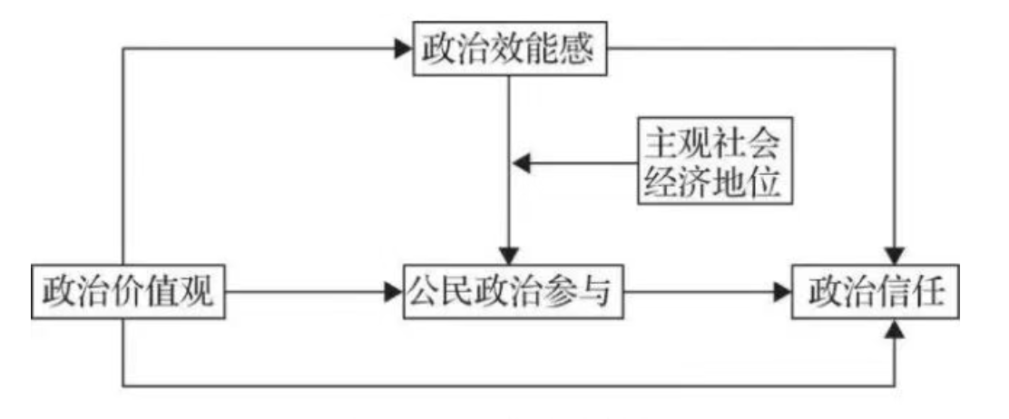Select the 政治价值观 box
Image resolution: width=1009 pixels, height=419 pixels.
pyautogui.click(x=129, y=292)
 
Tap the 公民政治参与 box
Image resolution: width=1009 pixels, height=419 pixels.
pyautogui.click(x=514, y=292)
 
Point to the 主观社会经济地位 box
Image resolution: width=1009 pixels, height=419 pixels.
pyautogui.click(x=710, y=164)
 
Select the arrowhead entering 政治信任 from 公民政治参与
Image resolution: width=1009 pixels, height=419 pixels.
pyautogui.click(x=783, y=292)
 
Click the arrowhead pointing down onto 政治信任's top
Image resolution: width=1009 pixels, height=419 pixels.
pyautogui.click(x=896, y=256)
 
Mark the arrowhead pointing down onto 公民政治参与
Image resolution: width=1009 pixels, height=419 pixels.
pyautogui.click(x=511, y=255)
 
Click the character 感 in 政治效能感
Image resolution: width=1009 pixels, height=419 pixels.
pyautogui.click(x=576, y=51)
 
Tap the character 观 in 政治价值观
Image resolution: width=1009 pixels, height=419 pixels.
pyautogui.click(x=200, y=292)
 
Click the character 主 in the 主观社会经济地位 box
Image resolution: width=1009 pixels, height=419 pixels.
pyautogui.click(x=661, y=142)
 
